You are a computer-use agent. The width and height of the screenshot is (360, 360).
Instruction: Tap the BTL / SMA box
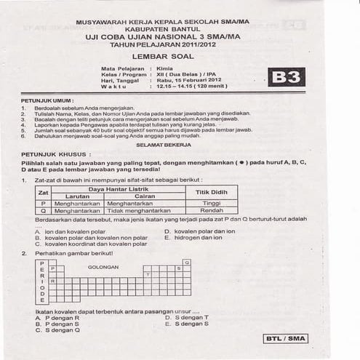(286, 338)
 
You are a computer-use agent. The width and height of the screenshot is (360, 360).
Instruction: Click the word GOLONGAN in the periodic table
(103, 267)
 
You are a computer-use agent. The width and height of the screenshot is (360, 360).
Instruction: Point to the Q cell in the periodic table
(187, 261)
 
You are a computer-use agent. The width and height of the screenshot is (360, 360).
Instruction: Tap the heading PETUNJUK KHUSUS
(55, 154)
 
